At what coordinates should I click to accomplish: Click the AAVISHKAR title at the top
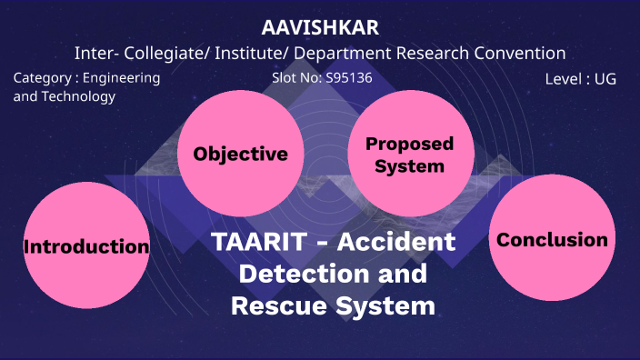tap(320, 27)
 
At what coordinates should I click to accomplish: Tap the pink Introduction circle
tap(86, 246)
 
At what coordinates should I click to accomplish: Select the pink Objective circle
tap(241, 154)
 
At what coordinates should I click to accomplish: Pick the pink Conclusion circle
tap(552, 240)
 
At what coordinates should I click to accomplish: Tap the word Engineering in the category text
tap(122, 78)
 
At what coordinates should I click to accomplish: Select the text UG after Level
tap(605, 79)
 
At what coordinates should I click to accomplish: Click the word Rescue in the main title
tap(274, 306)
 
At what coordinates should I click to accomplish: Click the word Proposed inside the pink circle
tap(409, 145)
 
